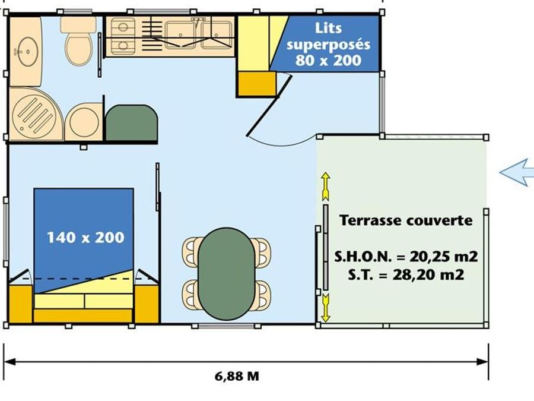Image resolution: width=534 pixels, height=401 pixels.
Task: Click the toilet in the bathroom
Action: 78,40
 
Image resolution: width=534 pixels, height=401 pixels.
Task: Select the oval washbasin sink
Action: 28,52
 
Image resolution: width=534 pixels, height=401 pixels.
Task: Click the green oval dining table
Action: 227,274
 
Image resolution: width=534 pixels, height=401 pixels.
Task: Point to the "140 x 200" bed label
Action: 85,238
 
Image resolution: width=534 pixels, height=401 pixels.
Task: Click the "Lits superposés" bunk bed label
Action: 328,36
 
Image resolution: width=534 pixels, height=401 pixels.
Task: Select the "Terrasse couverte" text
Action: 406,220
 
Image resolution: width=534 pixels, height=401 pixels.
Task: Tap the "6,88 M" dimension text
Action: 237,376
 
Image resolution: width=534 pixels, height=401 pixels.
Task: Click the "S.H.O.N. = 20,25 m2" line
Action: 406,257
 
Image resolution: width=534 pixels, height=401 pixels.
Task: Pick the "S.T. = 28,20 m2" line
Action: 406,274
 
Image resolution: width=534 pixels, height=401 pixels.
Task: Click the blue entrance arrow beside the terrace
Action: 517,172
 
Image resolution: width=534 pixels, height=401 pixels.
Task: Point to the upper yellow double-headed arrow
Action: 326,187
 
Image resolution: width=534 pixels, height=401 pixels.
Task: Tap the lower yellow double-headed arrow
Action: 326,308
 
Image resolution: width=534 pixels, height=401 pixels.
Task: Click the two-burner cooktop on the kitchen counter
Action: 123,36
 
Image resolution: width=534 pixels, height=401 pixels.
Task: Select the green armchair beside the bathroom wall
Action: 132,123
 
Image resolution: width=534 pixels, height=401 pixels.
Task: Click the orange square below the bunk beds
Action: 257,84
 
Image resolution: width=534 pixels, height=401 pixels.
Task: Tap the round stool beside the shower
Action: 84,122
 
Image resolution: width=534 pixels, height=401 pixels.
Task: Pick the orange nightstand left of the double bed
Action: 20,304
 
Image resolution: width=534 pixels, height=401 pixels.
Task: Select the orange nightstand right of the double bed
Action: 147,304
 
